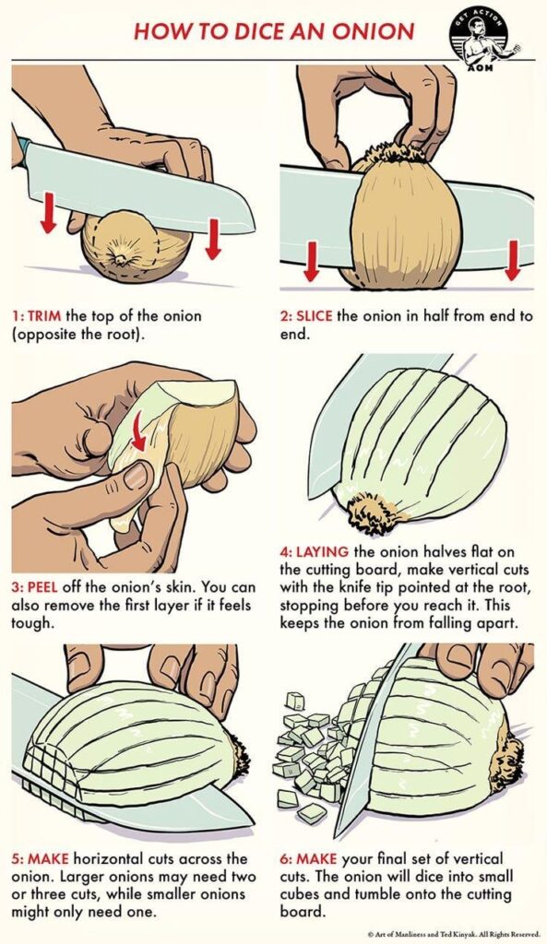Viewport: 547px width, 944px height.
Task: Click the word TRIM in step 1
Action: [x=44, y=316]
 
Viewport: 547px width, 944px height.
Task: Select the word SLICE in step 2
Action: [x=315, y=316]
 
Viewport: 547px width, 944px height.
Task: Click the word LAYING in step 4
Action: [x=319, y=552]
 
